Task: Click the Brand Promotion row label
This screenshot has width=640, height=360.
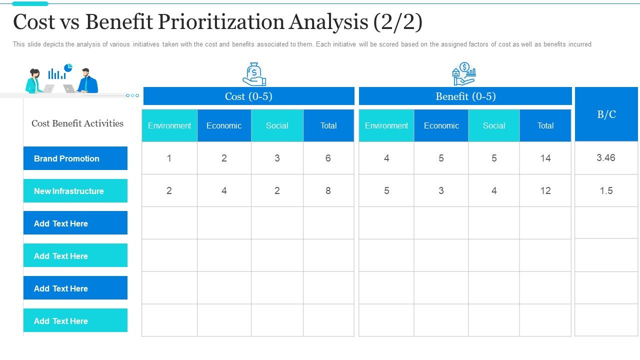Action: click(x=75, y=158)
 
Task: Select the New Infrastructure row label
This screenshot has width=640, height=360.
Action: click(x=75, y=191)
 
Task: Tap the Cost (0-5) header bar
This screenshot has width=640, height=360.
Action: click(x=248, y=96)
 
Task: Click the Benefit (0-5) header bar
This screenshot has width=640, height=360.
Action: click(x=465, y=96)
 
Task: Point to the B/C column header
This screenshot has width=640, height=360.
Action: click(x=606, y=114)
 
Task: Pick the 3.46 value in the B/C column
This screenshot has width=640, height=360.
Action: click(x=606, y=157)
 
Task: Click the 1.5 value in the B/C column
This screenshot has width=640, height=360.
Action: click(x=606, y=190)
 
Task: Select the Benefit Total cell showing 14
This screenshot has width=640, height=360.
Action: click(x=545, y=158)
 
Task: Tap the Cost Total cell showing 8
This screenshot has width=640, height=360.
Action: click(x=328, y=190)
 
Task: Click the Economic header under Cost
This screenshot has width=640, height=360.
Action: click(x=224, y=125)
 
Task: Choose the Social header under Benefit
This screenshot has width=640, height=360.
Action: click(x=493, y=125)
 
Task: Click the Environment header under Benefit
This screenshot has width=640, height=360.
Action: click(x=386, y=125)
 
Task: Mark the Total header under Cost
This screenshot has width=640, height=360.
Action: click(x=328, y=125)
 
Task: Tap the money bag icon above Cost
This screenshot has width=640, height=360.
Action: click(x=254, y=74)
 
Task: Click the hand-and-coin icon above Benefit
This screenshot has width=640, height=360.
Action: click(x=463, y=74)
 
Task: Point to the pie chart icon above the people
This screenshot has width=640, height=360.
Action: click(x=68, y=67)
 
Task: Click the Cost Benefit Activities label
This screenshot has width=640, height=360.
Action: click(x=77, y=123)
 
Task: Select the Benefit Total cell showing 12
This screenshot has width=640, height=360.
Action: click(x=545, y=190)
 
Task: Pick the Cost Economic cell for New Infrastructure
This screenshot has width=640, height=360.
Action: click(x=224, y=190)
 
